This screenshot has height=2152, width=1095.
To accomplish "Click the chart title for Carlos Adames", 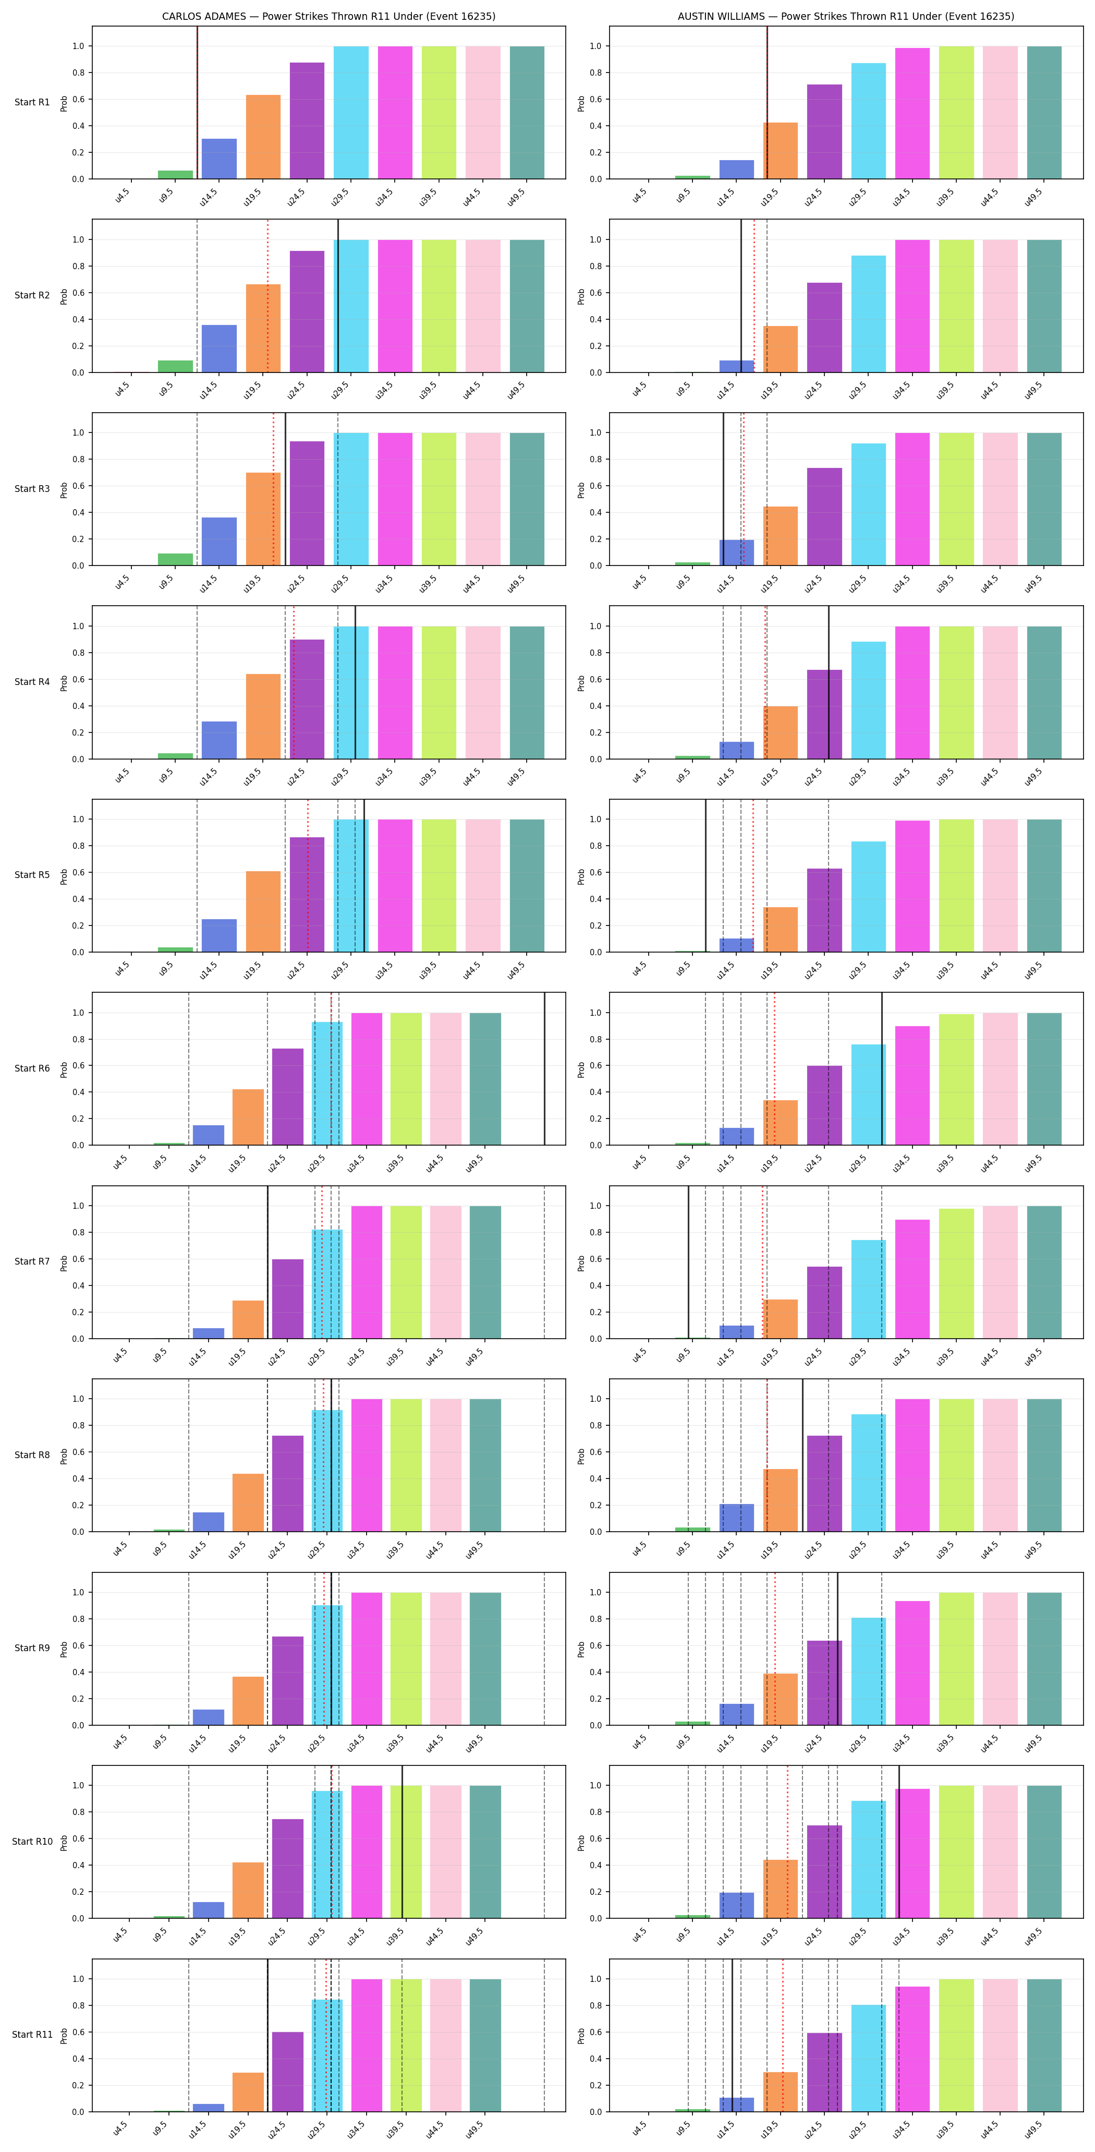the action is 328,16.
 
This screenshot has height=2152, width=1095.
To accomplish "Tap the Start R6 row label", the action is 32,1068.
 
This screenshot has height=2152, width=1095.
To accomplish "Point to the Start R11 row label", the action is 32,2034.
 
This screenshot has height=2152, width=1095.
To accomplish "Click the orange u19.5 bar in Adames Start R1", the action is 263,137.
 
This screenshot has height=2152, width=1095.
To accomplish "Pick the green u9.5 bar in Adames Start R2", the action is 175,366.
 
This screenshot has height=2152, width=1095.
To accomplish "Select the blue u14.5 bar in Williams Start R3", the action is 737,552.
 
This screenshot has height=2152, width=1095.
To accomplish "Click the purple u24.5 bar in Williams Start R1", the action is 824,131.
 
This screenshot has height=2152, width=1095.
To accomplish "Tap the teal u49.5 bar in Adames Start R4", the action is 527,692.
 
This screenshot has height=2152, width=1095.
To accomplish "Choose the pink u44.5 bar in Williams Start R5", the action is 1000,885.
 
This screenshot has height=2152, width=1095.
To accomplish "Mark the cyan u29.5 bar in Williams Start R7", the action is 869,1289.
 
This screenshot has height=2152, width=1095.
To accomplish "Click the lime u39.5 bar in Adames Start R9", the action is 406,1658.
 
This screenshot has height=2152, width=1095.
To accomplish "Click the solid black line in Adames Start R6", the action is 544,1068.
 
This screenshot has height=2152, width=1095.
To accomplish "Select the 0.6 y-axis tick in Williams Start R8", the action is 595,1452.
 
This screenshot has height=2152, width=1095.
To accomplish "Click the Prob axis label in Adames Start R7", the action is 64,1263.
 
